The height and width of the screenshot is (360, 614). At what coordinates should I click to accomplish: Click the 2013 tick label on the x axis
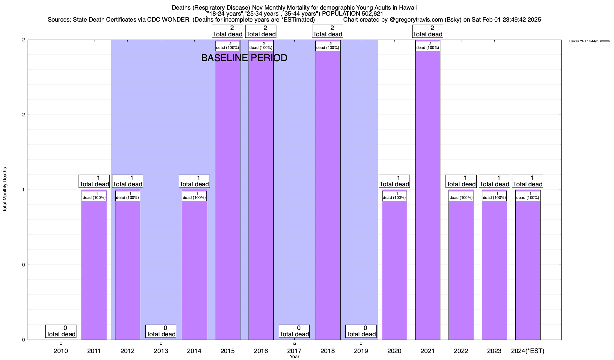(x=161, y=351)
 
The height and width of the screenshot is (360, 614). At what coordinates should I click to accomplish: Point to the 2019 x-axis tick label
(x=361, y=351)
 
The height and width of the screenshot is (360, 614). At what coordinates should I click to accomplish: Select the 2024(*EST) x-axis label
(x=528, y=351)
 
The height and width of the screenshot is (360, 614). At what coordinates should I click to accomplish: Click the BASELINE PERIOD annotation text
(x=244, y=58)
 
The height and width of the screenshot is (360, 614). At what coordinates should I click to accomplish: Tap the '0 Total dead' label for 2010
(x=61, y=331)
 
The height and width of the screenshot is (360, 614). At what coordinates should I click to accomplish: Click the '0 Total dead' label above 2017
(x=294, y=331)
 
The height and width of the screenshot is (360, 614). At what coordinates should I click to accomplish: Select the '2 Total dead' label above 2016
(x=261, y=31)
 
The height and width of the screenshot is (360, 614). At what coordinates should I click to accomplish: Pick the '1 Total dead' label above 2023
(x=494, y=181)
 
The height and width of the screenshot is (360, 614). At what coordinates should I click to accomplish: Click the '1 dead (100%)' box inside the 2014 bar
(x=194, y=196)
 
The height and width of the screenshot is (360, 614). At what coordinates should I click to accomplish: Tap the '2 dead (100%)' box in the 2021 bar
(x=428, y=46)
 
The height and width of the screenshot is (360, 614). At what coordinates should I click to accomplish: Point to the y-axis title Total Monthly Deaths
(x=5, y=190)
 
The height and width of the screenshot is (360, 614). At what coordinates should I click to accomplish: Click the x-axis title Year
(x=294, y=357)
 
